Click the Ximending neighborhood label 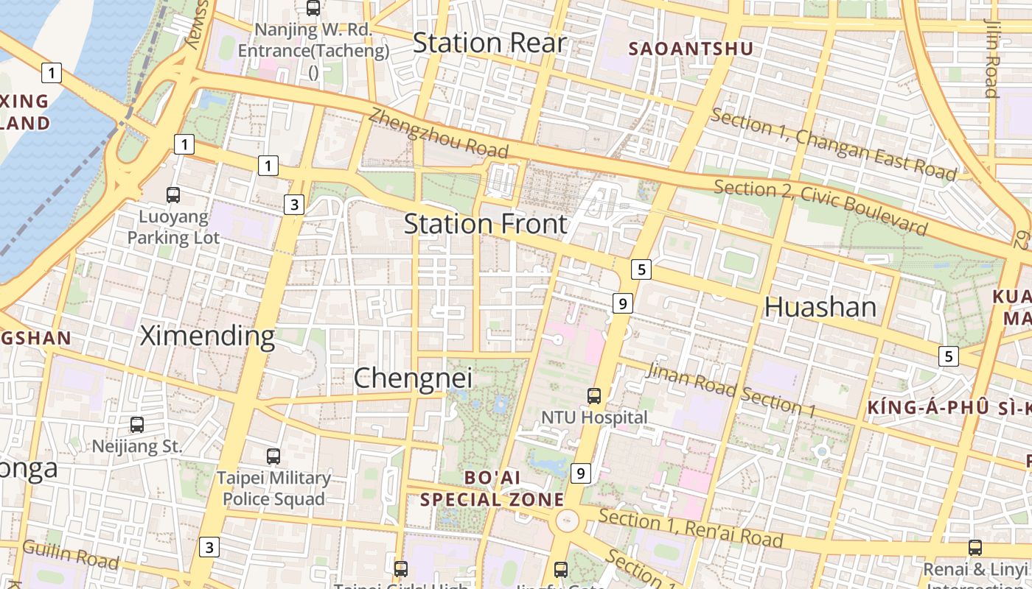[x=207, y=336]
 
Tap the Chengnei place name [x=413, y=378]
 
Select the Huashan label [x=820, y=307]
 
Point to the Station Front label [x=486, y=224]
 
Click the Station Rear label [x=489, y=43]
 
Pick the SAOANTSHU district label [x=691, y=49]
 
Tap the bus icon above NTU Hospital [x=594, y=396]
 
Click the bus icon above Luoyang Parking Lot [x=173, y=195]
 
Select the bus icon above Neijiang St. [x=137, y=424]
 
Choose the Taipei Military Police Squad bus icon [x=273, y=456]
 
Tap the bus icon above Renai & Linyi [x=975, y=548]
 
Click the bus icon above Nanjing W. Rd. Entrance [x=313, y=8]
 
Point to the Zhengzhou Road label [x=439, y=133]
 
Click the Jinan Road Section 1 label [x=731, y=389]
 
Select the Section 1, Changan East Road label [x=834, y=144]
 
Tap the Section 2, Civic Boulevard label [x=820, y=207]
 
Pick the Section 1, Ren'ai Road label [x=690, y=527]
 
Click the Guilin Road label [x=71, y=554]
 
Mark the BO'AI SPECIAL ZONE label [x=492, y=488]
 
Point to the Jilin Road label [x=991, y=57]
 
